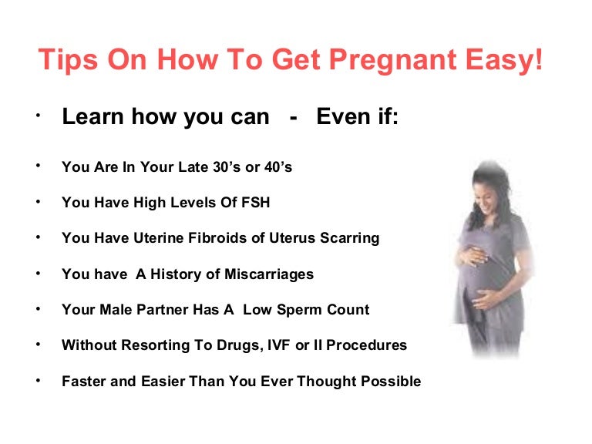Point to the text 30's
coord(224,167)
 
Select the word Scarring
coord(348,238)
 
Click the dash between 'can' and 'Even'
coord(293,118)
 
